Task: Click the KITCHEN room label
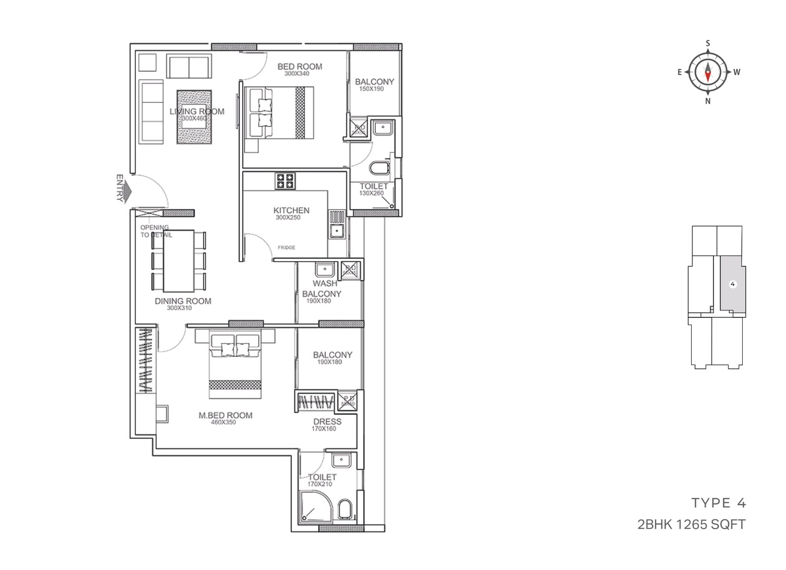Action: pyautogui.click(x=291, y=210)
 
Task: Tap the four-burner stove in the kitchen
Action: pyautogui.click(x=285, y=181)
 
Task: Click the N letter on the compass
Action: pyautogui.click(x=707, y=101)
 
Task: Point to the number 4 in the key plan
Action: pyautogui.click(x=732, y=284)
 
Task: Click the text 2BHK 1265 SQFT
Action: pyautogui.click(x=691, y=524)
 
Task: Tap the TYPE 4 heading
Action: pyautogui.click(x=719, y=503)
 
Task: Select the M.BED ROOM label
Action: pyautogui.click(x=225, y=415)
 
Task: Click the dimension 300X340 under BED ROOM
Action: pyautogui.click(x=297, y=74)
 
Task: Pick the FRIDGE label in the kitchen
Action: pyautogui.click(x=286, y=247)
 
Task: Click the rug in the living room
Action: pyautogui.click(x=194, y=117)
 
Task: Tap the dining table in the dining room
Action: pyautogui.click(x=178, y=261)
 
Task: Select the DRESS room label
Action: pyautogui.click(x=327, y=422)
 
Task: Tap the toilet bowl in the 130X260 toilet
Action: pyautogui.click(x=379, y=168)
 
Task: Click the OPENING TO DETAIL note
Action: pyautogui.click(x=155, y=231)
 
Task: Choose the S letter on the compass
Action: pyautogui.click(x=707, y=43)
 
